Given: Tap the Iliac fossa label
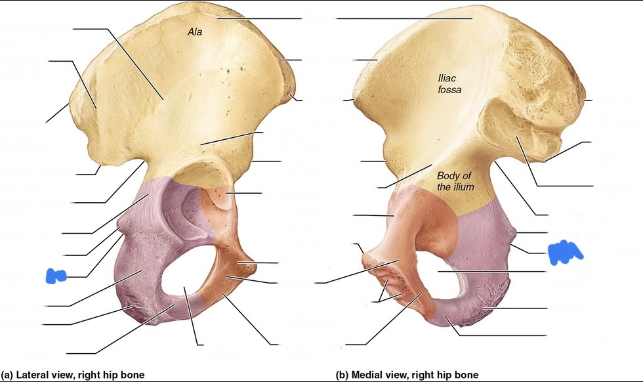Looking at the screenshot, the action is coord(450,85).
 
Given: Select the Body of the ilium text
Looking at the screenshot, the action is coord(455,181).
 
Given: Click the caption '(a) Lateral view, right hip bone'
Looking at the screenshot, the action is coord(73,375).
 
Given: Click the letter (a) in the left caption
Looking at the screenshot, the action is coord(8,375).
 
